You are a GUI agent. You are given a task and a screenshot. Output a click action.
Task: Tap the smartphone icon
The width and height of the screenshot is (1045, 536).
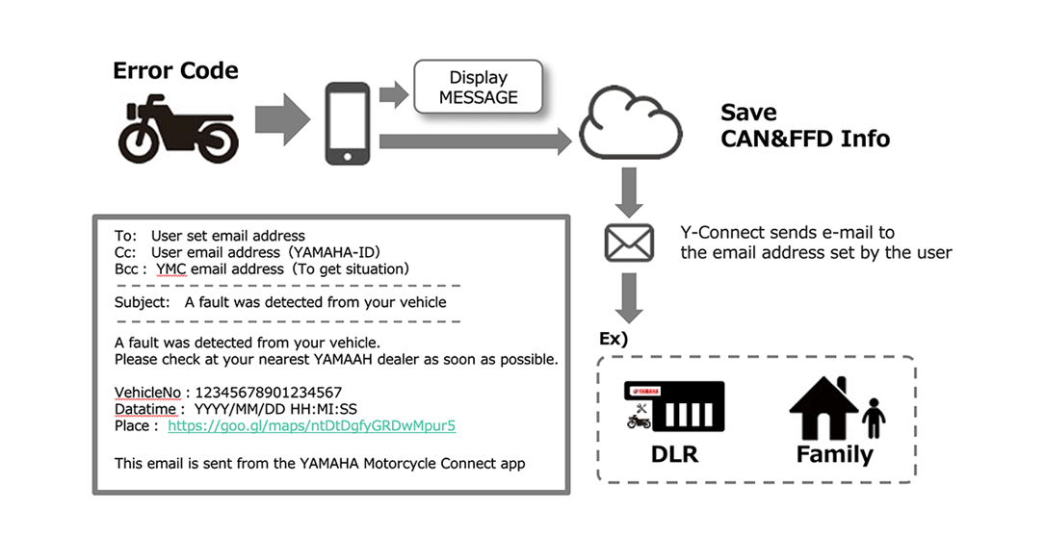coord(347,123)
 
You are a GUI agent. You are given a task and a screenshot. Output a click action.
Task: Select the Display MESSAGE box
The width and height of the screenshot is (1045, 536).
coord(478,88)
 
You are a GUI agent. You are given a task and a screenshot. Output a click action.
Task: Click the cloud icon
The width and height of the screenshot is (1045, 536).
coord(630,126)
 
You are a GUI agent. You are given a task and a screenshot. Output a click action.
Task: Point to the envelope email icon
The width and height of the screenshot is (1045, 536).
coord(629,242)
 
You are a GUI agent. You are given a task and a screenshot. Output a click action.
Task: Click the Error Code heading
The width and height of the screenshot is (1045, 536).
coord(175,70)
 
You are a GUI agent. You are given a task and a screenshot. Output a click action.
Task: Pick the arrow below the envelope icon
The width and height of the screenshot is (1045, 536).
coord(630,297)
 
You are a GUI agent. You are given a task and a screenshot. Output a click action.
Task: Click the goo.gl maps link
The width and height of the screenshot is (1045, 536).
coord(311,424)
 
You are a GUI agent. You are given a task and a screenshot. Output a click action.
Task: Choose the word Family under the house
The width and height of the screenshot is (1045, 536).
coord(834,453)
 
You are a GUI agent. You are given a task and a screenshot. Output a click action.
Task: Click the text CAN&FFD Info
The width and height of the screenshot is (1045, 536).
coord(805,139)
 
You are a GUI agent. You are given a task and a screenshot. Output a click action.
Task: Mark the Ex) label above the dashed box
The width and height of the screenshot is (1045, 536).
coord(613,340)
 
